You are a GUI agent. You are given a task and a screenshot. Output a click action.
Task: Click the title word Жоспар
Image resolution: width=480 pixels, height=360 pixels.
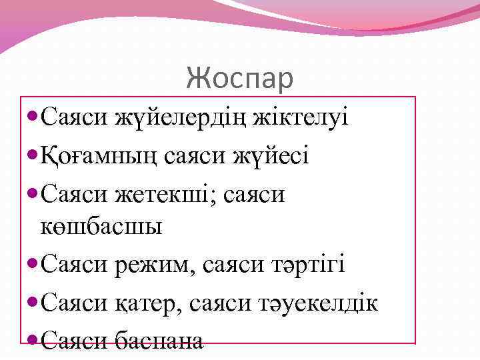tap(239, 78)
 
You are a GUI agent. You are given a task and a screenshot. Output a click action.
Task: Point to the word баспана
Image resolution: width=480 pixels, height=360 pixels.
tap(159, 341)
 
